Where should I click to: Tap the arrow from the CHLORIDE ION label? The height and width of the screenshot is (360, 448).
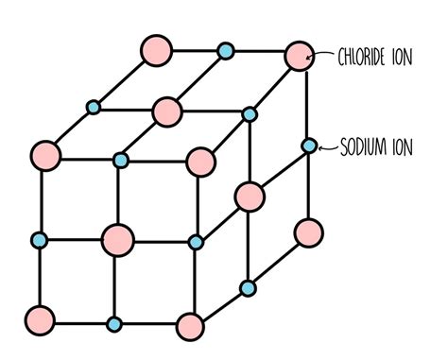coord(322,55)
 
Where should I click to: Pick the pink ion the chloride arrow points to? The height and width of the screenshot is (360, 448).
coord(299,56)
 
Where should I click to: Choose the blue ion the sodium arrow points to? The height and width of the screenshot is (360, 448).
coord(309,146)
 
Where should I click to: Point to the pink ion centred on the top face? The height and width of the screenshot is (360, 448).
coord(167,111)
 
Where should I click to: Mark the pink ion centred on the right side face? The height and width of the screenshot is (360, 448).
coord(250,196)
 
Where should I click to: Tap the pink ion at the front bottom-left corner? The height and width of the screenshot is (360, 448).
coord(40,317)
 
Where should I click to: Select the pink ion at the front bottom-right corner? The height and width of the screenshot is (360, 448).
coord(190,327)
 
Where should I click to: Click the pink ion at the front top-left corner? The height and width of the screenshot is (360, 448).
coord(44,153)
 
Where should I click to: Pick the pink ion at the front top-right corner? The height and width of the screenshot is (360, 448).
coord(199,161)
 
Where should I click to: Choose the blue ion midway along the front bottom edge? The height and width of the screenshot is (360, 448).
coord(114,324)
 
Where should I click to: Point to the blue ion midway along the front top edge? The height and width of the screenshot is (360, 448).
coord(120,160)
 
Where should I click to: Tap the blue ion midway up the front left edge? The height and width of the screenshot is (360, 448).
coord(40,238)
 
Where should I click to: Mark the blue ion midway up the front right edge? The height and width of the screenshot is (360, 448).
coord(195,243)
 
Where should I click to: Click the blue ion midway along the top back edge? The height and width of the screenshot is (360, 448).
coord(225,50)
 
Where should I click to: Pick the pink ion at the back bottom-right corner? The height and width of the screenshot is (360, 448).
coord(308,231)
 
